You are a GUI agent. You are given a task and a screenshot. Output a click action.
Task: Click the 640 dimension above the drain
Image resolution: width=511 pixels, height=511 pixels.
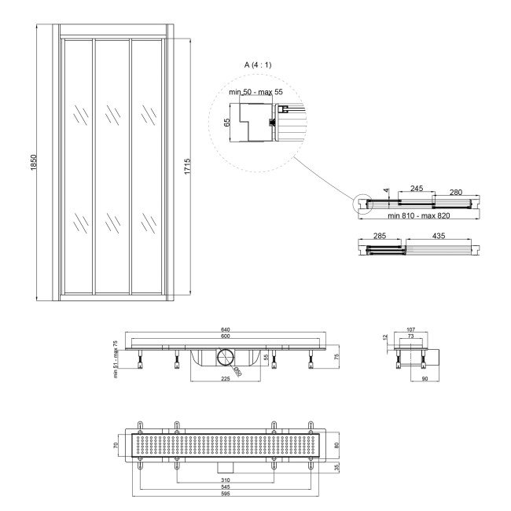[x=226, y=329]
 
